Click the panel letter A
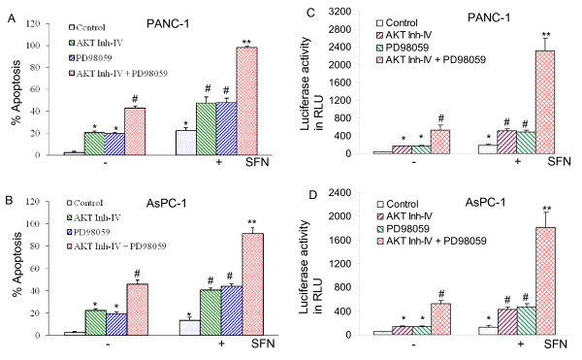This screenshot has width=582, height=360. tap(12, 18)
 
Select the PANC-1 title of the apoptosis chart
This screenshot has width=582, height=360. tap(168, 23)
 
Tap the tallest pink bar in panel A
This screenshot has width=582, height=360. tap(246, 101)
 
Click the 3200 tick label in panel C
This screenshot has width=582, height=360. tap(339, 12)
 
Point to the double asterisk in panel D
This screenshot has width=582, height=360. tap(546, 209)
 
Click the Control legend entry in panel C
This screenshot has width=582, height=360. tap(397, 23)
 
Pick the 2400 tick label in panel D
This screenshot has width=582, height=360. tap(339, 192)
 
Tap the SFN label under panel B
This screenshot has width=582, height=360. tap(263, 344)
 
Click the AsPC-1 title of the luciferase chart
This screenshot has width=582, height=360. tap(486, 202)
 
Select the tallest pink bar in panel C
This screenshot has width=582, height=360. tap(545, 102)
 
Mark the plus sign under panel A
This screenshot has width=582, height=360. tap(218, 162)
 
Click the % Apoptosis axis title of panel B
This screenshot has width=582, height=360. tap(17, 264)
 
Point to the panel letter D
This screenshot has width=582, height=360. tap(312, 194)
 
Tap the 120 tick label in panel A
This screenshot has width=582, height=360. tap(33, 23)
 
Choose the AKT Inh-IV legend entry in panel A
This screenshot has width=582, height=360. tap(96, 43)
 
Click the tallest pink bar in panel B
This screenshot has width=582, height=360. tap(253, 284)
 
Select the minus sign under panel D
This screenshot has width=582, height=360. tap(413, 344)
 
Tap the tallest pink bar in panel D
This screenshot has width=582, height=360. tap(545, 281)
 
